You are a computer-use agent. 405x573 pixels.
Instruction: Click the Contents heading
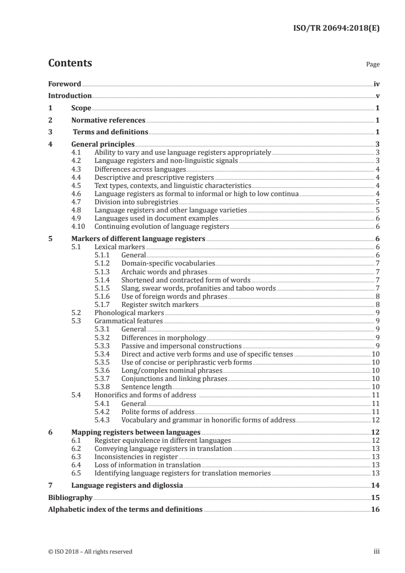click(70, 63)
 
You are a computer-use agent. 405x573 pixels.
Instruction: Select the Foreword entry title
click(64, 84)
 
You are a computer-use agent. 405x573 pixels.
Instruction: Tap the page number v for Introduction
click(377, 96)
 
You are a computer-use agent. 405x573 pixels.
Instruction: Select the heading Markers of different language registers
click(138, 238)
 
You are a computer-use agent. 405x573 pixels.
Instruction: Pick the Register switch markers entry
click(159, 304)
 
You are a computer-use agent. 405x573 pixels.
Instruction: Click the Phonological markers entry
click(129, 313)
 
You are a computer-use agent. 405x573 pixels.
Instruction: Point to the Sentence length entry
click(146, 387)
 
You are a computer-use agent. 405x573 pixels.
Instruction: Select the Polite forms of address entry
click(158, 412)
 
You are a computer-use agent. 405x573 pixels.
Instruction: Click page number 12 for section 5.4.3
click(375, 420)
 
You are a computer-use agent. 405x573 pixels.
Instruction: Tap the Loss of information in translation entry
click(148, 465)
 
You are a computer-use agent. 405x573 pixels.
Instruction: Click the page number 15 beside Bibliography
click(375, 497)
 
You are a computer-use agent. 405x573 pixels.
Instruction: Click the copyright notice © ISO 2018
click(90, 552)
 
